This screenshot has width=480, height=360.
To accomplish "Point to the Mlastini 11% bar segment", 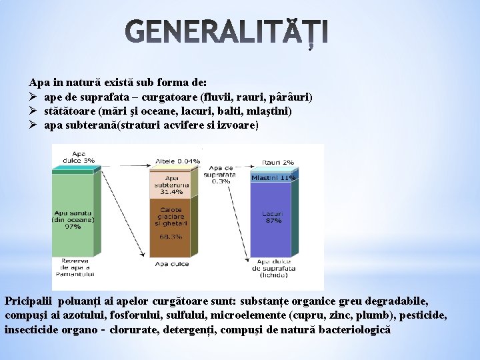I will tap(273, 178).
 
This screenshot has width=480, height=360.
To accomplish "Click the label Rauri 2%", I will tap(278, 162).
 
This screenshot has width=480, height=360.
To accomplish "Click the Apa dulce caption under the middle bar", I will tap(169, 264).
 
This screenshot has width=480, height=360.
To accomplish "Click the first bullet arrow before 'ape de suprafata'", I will tap(33, 97).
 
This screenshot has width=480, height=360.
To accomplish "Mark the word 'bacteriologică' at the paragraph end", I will tap(355, 329).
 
